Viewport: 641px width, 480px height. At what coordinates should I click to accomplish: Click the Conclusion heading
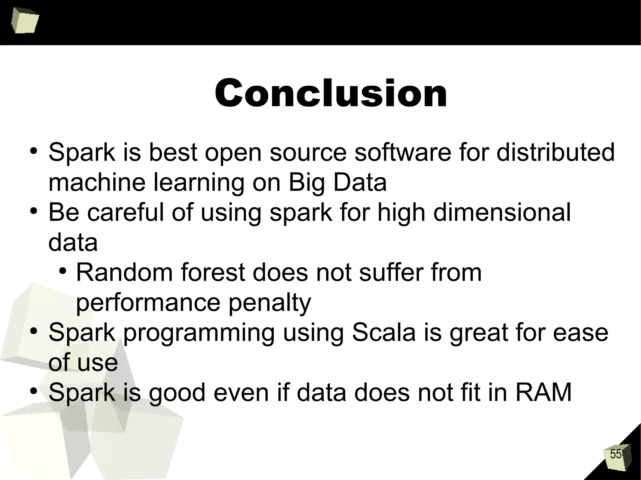(331, 93)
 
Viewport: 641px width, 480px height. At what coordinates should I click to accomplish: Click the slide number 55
(616, 454)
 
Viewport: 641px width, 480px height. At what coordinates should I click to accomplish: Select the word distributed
(555, 152)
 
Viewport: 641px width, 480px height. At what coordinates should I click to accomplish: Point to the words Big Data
(337, 183)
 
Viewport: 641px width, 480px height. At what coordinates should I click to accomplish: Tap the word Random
(124, 272)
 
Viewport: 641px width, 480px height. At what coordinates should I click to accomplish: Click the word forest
(214, 272)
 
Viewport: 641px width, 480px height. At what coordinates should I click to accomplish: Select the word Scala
(384, 332)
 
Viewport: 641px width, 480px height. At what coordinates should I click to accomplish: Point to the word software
(403, 152)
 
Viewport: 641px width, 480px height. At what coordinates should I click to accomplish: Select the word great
(479, 333)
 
